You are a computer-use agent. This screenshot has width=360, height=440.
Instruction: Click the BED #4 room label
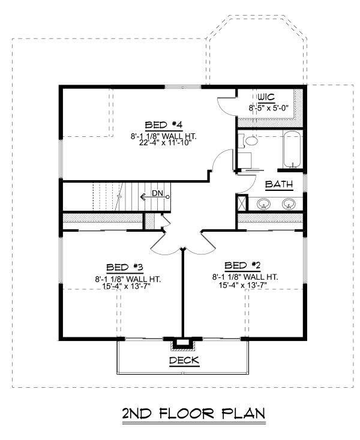point(164,125)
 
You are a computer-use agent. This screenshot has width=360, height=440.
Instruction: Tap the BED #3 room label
point(125,267)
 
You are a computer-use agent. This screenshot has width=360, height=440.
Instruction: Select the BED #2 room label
point(243,265)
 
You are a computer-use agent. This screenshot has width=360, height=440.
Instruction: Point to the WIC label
point(266,97)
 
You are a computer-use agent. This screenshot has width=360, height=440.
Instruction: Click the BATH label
point(279,184)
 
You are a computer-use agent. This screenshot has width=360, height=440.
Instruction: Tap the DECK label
point(184,360)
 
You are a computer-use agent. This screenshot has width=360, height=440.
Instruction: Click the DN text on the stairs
point(157,193)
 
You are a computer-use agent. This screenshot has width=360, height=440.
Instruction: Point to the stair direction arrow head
point(142,197)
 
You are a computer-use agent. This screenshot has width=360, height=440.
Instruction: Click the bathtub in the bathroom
point(293,149)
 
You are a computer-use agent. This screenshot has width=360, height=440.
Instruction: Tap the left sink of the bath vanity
point(264,203)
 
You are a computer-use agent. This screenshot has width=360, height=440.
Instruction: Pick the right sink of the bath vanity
point(289,203)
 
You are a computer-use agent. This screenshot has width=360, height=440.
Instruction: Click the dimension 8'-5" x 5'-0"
point(269,108)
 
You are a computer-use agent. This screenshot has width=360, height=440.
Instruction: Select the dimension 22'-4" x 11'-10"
point(165,143)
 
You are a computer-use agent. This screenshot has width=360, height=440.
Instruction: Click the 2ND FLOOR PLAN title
point(194,414)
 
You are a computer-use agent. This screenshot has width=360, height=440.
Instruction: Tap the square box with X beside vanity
point(242,203)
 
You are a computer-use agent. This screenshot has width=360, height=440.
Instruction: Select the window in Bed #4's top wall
point(182,87)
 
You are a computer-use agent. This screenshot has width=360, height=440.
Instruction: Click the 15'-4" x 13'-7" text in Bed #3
point(127,286)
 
